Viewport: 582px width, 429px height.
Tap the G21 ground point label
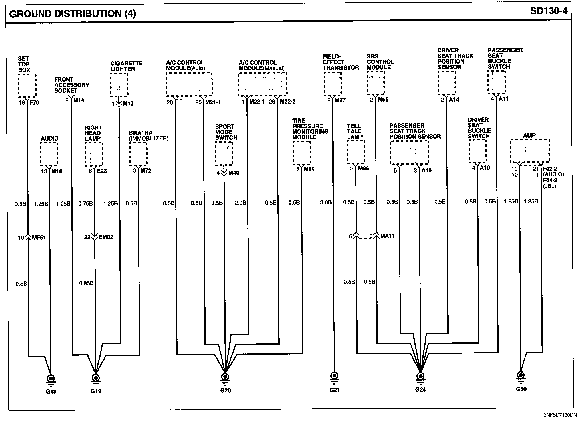click(334, 390)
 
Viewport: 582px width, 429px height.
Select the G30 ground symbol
click(521, 377)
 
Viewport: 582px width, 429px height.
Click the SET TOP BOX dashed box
click(27, 85)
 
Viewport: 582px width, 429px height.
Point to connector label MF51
click(39, 237)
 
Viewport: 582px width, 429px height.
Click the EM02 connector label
click(106, 237)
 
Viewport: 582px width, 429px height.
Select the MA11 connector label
click(387, 236)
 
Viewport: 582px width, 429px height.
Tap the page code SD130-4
click(549, 11)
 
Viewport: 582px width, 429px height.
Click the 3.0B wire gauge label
click(326, 202)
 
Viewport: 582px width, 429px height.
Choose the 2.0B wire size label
click(240, 203)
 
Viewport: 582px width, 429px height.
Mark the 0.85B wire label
click(86, 283)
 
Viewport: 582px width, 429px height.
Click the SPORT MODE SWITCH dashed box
click(224, 153)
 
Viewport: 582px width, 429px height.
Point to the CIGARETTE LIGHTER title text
click(126, 66)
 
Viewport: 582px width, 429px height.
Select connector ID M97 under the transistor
click(340, 100)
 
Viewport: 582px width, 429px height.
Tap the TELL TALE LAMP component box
click(356, 152)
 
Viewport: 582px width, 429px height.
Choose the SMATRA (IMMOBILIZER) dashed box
click(139, 154)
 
